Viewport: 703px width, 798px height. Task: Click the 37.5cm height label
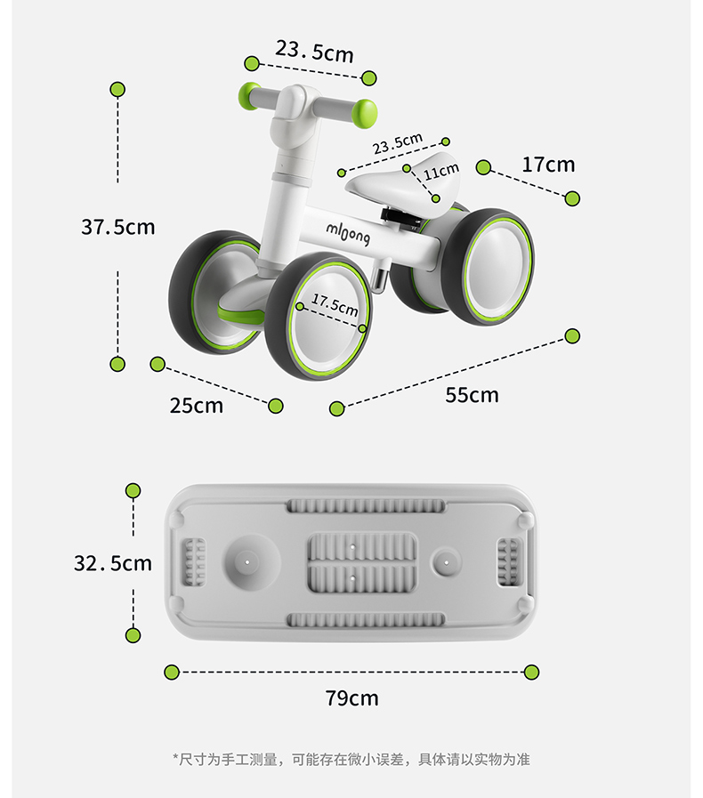118,227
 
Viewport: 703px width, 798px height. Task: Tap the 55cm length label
472,394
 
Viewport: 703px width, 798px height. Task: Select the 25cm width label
197,406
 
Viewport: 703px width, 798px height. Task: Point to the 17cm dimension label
548,165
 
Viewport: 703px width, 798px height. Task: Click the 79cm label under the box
351,698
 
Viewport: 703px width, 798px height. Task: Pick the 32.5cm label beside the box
113,563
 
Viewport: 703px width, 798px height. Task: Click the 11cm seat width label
441,170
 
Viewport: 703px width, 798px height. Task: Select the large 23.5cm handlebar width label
314,51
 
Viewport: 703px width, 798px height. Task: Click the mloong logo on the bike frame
348,233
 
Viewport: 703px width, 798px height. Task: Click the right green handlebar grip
365,113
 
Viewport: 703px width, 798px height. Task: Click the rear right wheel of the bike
497,266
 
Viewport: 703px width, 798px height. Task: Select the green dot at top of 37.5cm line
117,89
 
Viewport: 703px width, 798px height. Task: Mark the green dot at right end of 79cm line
531,672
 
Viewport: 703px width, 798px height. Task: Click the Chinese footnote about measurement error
351,759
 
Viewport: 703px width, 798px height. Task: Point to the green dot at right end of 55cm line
572,335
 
